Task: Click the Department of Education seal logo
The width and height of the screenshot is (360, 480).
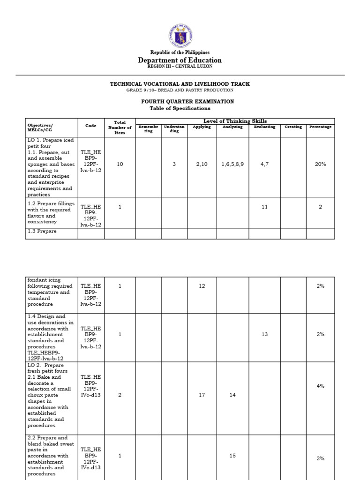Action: pyautogui.click(x=180, y=35)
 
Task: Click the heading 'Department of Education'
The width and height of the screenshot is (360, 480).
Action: pyautogui.click(x=180, y=60)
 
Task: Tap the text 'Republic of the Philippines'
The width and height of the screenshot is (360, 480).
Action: pyautogui.click(x=180, y=52)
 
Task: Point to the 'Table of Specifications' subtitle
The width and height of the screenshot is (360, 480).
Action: pyautogui.click(x=180, y=108)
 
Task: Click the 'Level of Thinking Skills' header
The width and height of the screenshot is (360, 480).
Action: pyautogui.click(x=235, y=121)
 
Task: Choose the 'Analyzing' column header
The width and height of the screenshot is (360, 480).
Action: pyautogui.click(x=232, y=127)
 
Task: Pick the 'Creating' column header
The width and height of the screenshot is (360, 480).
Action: pyautogui.click(x=293, y=127)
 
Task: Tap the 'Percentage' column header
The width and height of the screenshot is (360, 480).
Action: pyautogui.click(x=320, y=127)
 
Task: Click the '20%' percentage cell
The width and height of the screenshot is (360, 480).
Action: pyautogui.click(x=320, y=165)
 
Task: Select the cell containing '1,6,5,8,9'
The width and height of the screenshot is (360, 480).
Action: pyautogui.click(x=232, y=165)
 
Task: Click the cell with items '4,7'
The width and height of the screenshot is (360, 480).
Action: pyautogui.click(x=264, y=165)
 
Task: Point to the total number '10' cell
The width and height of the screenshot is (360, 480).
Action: pyautogui.click(x=120, y=165)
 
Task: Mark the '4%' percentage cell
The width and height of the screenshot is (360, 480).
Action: pyautogui.click(x=320, y=386)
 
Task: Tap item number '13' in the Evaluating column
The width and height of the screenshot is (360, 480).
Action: pyautogui.click(x=264, y=334)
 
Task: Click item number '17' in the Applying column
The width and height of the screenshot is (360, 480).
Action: pyautogui.click(x=202, y=395)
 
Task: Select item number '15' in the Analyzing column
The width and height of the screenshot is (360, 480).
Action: pyautogui.click(x=232, y=456)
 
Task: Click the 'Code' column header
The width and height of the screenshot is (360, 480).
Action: pyautogui.click(x=91, y=126)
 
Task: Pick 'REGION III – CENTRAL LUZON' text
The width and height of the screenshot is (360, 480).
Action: pyautogui.click(x=180, y=67)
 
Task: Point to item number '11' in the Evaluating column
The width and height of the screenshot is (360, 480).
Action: pyautogui.click(x=264, y=207)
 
